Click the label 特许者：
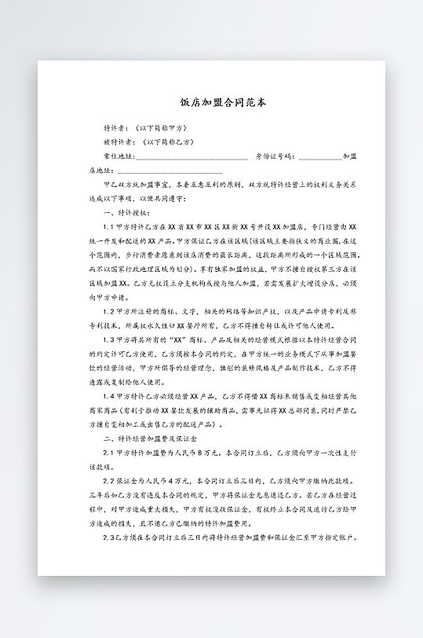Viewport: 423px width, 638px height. pyautogui.click(x=117, y=127)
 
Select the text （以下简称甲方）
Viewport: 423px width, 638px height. pyautogui.click(x=160, y=127)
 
